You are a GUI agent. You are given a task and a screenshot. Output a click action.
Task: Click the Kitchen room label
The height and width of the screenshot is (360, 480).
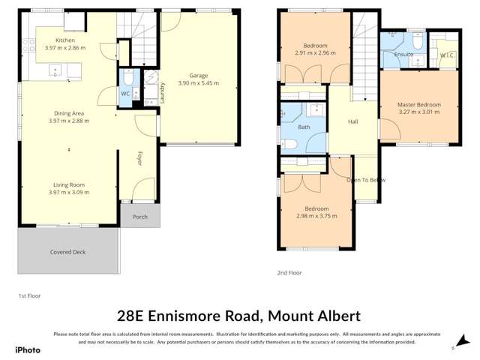[x=65, y=40]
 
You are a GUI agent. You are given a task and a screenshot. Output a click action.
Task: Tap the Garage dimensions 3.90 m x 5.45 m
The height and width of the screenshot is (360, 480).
[x=198, y=83]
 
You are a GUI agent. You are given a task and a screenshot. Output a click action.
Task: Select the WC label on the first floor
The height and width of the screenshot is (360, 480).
[x=125, y=94]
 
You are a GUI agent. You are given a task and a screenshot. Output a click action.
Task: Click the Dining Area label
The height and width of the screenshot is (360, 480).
[x=68, y=113]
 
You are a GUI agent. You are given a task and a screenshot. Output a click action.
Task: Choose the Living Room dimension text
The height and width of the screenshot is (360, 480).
[x=68, y=192]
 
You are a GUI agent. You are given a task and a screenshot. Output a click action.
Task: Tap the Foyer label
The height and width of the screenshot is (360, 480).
[x=139, y=158]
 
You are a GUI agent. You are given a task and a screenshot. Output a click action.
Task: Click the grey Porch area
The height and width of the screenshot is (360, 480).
[x=139, y=217]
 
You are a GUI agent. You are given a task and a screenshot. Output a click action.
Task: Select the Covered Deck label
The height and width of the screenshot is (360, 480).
[x=68, y=252]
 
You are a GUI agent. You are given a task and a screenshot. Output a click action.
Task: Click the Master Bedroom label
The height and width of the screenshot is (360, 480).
[x=418, y=104]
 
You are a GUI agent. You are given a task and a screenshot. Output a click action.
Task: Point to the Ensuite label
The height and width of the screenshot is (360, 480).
[x=403, y=54]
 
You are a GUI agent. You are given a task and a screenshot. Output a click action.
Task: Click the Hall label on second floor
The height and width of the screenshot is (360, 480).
[x=353, y=121]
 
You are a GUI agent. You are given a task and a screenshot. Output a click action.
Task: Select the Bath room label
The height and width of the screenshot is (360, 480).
[x=304, y=127]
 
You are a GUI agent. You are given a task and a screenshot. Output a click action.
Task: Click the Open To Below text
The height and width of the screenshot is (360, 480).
[x=366, y=180]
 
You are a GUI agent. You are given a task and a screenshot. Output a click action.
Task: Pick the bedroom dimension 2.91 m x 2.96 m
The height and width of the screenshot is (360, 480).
[x=313, y=53]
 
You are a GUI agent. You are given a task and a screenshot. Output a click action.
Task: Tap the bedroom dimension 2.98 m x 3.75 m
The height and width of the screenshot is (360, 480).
[x=316, y=215]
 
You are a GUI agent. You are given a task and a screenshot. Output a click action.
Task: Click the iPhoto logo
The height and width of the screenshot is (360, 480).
[x=28, y=349]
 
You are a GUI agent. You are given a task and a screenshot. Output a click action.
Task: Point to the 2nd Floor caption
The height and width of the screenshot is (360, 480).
[x=289, y=273]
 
